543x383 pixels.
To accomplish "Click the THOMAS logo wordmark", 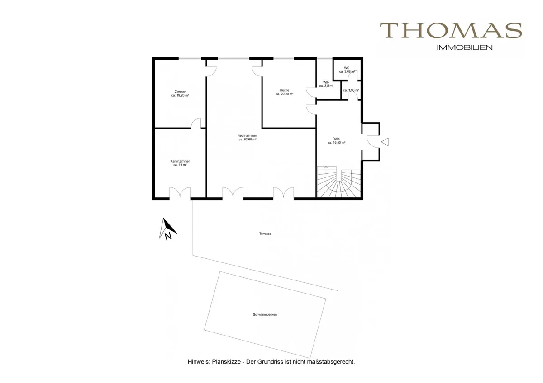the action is point(451,30).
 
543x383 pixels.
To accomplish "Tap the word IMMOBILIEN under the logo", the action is point(464,48).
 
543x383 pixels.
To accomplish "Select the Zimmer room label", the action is point(180,92).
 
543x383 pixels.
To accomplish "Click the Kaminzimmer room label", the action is point(180,161).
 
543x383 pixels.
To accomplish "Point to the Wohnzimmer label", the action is point(248,136).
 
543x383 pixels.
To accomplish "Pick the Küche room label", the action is point(285,90).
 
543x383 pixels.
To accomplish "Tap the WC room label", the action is point(347,68).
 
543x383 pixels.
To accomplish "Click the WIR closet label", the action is point(326,82).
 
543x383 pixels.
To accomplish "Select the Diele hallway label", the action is point(336,139).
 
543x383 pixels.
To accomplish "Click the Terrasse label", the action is point(265,234).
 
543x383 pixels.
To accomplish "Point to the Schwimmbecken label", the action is point(265,314).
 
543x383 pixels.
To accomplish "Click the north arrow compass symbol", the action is point(168,229).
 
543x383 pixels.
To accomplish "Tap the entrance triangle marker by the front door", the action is point(385,142).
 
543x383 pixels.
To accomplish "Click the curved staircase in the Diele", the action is point(339,182).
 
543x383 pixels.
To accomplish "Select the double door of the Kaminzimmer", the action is point(180,193).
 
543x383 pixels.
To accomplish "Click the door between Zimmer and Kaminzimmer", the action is point(196,123).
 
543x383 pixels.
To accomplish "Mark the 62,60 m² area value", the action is point(248,140).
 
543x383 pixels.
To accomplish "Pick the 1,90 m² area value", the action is point(351,90).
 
